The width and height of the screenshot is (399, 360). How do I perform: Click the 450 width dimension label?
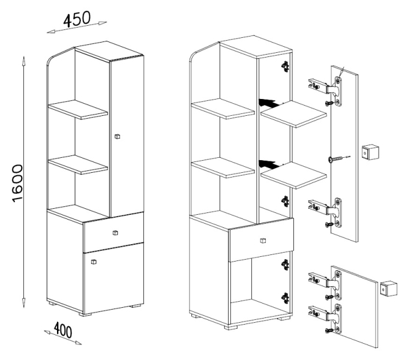[77, 19]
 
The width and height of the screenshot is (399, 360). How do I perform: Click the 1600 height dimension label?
[17, 184]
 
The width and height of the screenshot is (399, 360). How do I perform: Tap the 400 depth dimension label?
[63, 330]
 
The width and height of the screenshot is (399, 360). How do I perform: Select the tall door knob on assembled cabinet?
[117, 136]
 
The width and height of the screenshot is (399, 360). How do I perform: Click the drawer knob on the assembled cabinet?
[115, 233]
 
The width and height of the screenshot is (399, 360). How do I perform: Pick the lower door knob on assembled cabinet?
[94, 261]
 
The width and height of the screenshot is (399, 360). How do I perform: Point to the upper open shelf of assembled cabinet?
[78, 109]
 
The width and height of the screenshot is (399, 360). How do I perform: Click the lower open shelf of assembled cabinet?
[78, 164]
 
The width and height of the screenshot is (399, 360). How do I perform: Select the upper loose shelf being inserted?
[293, 114]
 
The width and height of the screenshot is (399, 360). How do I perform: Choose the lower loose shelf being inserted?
[293, 175]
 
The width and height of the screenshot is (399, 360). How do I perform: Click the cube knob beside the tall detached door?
[370, 152]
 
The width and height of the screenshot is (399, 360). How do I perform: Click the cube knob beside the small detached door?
[389, 289]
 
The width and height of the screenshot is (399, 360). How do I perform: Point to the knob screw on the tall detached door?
[337, 160]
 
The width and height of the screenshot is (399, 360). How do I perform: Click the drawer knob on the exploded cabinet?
[263, 241]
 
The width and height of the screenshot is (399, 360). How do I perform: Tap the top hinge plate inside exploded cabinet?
[286, 66]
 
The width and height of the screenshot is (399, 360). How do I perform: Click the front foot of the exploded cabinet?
[231, 327]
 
